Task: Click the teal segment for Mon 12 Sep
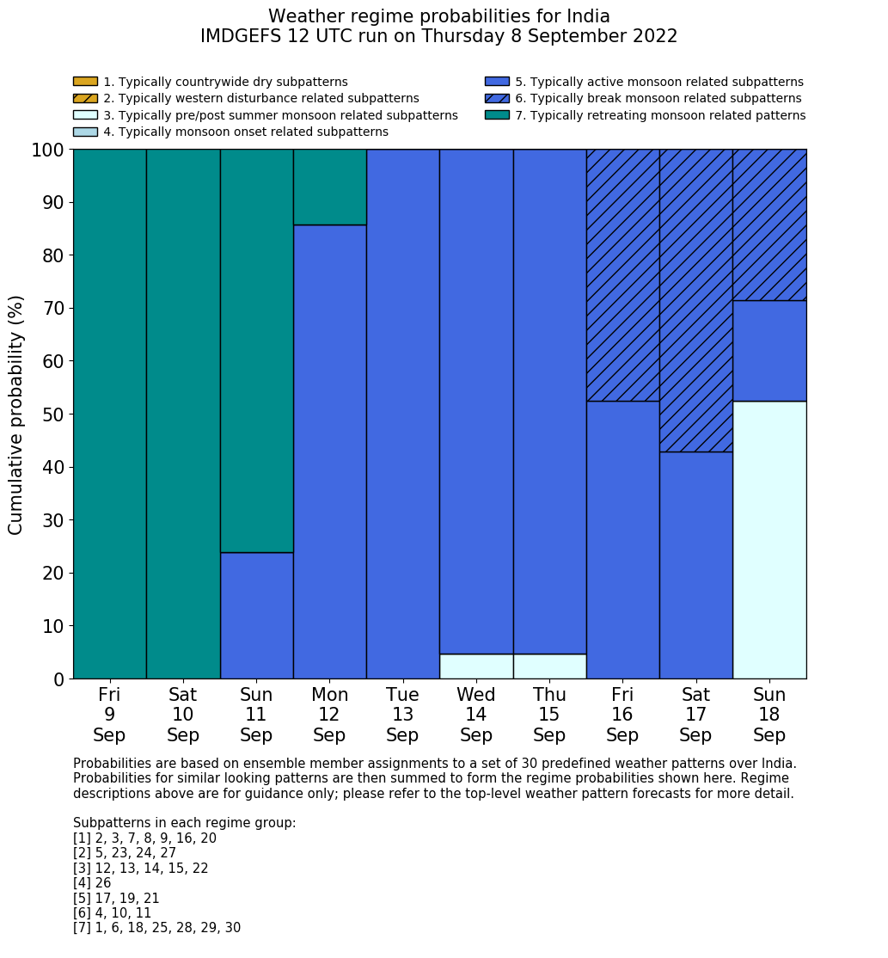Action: [330, 187]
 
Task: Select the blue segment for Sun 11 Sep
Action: [256, 615]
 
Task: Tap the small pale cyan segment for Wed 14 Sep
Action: [476, 666]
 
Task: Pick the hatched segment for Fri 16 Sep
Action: [622, 275]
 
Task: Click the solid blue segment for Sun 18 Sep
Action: [769, 351]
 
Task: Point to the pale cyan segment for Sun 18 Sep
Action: [769, 540]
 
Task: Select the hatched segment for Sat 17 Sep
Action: [695, 300]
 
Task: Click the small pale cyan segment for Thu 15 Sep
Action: [549, 666]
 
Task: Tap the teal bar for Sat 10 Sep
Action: [183, 414]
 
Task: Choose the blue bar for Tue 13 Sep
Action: [402, 414]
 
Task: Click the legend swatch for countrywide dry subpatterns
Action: [85, 82]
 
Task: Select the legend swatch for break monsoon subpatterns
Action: [497, 98]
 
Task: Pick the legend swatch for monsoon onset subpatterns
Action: [85, 132]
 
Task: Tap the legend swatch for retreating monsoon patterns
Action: [497, 114]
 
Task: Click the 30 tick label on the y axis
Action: [53, 520]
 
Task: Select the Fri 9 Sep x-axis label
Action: [109, 715]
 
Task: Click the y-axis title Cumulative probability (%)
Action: [16, 414]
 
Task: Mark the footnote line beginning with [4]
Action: [92, 883]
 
